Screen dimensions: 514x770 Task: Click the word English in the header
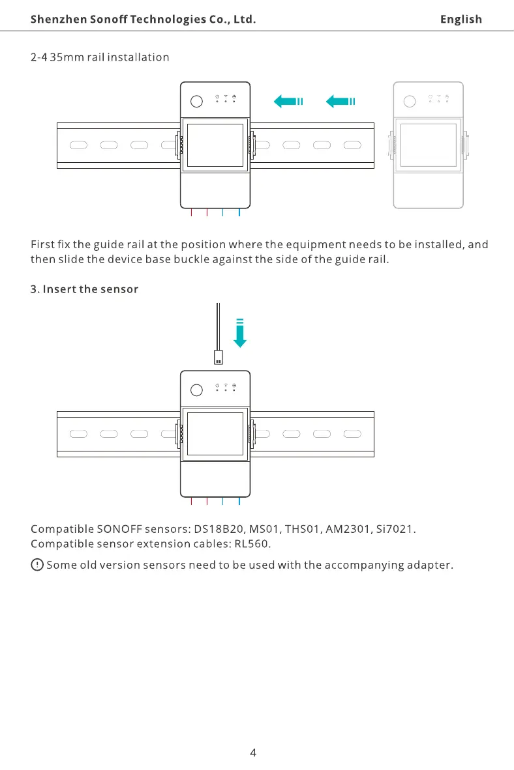[461, 20]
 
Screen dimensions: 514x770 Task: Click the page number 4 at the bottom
[253, 752]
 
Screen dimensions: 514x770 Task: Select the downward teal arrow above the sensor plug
[240, 333]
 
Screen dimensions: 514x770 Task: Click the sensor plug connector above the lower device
[219, 357]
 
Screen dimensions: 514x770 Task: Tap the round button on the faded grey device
[409, 101]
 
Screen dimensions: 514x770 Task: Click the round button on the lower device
[196, 390]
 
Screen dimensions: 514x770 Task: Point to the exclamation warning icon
[37, 565]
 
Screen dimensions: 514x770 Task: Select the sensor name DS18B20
[219, 529]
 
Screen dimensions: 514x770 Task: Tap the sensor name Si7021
[394, 529]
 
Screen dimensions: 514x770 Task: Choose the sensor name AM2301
[347, 529]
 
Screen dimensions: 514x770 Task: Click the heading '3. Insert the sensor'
[85, 289]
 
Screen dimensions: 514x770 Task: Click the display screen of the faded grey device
[429, 145]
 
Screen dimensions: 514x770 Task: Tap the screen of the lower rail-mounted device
[215, 434]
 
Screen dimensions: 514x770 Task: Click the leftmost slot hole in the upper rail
[78, 145]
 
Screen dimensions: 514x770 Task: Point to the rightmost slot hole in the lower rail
[352, 434]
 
